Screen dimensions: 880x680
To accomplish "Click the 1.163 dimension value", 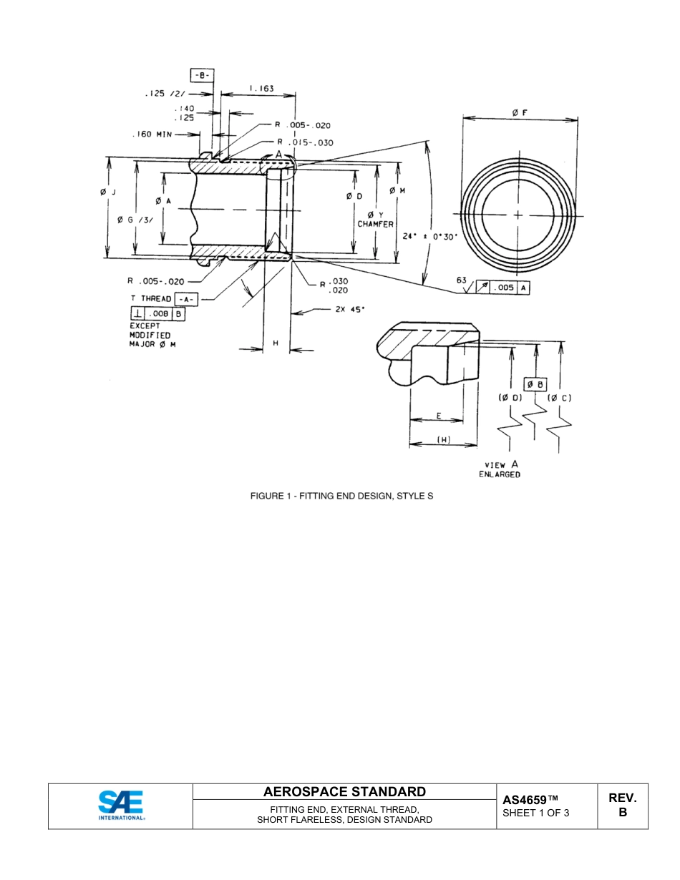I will coord(261,89).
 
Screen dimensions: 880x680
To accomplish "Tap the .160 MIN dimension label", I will coord(152,135).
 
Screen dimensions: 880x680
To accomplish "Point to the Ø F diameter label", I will coord(520,112).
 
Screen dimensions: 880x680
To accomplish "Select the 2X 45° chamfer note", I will coord(349,310).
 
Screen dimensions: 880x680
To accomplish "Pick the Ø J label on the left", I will coord(107,192).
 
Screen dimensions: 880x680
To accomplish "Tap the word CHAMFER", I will coord(376,224).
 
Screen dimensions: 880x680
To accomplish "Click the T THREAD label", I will coord(151,298).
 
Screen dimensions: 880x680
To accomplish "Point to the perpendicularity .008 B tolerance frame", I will coord(157,313).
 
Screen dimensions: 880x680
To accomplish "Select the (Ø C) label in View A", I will coord(559,398).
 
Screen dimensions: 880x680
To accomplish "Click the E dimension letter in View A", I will coord(438,415).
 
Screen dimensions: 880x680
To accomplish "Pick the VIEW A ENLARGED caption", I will coord(500,469).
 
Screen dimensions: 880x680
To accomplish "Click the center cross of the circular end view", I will coord(518,215).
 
